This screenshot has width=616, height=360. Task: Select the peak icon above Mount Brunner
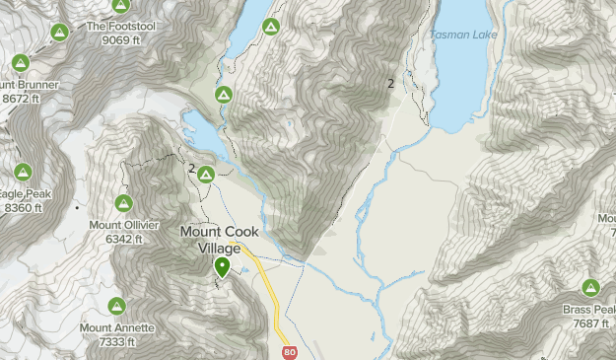(x=21, y=64)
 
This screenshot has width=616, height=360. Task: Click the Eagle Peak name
(x=22, y=194)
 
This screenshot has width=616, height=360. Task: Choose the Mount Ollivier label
(x=123, y=225)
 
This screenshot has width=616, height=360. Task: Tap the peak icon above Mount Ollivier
(x=124, y=203)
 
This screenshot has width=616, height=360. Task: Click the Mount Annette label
(x=117, y=328)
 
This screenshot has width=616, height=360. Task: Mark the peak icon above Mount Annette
(x=116, y=307)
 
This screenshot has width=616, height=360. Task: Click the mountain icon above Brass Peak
(x=590, y=288)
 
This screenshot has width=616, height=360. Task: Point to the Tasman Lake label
(x=463, y=36)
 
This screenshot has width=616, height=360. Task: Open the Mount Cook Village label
(x=220, y=240)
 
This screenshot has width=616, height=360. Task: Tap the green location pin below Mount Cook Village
(x=223, y=266)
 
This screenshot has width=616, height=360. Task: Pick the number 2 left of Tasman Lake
(x=391, y=84)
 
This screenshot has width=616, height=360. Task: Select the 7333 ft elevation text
(x=117, y=342)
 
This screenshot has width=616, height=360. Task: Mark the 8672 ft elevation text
(x=21, y=99)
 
